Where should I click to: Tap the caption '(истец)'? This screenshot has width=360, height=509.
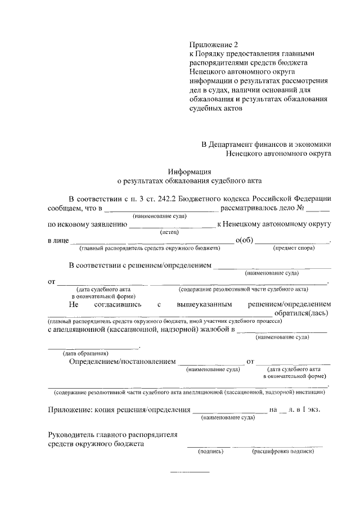point(169,231)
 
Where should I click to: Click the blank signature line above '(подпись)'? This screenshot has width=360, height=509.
point(209,447)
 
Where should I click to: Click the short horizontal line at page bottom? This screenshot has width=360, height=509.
point(190,470)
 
